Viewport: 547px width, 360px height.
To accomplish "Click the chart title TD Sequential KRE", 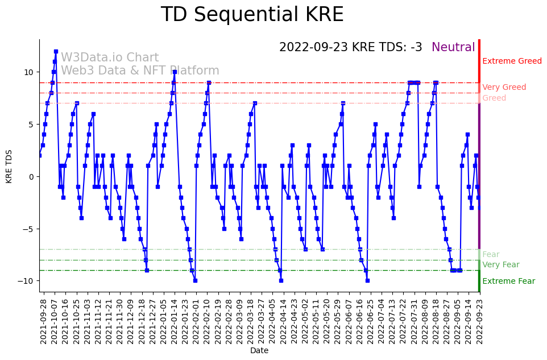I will (252, 15).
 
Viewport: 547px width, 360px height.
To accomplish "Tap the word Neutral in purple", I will (453, 48).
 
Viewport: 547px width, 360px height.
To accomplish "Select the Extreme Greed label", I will (512, 61).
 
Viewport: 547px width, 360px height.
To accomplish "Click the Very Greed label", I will (504, 88).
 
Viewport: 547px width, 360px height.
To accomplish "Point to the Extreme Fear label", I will (508, 282).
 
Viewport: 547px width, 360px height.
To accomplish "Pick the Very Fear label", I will (500, 265).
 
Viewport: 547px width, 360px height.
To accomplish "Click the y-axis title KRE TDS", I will (9, 165).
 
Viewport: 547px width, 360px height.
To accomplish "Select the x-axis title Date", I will (259, 351).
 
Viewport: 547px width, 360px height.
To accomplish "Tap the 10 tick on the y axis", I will (28, 72).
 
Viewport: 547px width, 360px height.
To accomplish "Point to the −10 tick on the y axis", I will (26, 282).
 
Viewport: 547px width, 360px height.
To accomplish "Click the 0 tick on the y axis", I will (31, 177).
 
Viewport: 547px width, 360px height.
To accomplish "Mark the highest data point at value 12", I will (56, 51).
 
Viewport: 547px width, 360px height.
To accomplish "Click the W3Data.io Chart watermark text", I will (110, 58).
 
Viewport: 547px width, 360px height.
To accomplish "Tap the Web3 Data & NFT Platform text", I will (140, 71).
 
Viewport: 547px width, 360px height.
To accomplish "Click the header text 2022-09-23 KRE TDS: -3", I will (351, 48).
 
